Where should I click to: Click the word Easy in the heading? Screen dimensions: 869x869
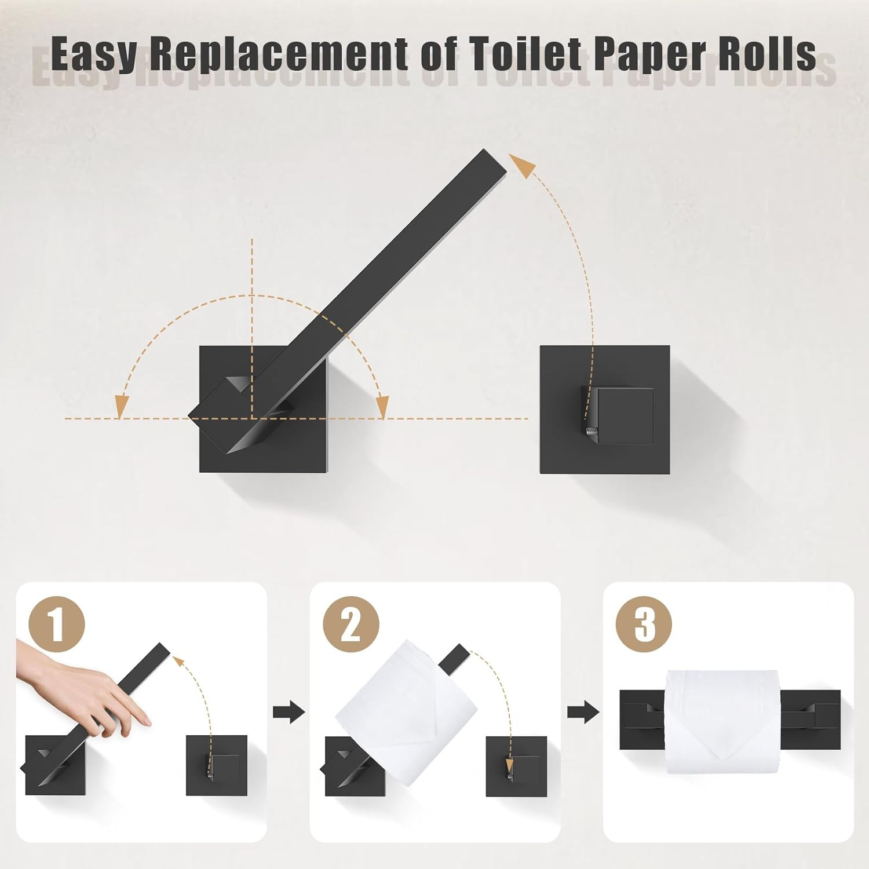pos(94,54)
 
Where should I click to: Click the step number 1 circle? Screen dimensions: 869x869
pos(57,625)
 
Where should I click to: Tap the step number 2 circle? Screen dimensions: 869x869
pos(351,625)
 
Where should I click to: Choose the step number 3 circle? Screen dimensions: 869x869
pos(644,625)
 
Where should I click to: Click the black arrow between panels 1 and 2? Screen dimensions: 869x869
pos(289,711)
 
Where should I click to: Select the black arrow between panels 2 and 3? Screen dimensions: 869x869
pos(583,711)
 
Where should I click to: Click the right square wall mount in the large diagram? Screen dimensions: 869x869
pos(605,410)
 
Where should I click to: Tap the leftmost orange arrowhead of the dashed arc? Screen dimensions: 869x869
pos(121,406)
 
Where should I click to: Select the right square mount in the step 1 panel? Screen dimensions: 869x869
pos(217,765)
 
